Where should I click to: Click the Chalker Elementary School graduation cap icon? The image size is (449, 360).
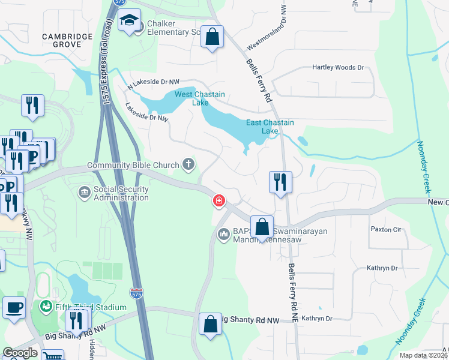click(129, 22)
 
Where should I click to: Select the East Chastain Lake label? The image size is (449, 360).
click(271, 127)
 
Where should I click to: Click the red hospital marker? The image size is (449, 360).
click(219, 200)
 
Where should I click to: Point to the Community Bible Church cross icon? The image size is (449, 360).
click(188, 164)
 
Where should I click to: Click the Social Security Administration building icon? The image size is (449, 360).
click(84, 192)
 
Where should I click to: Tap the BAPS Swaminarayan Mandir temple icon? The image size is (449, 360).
click(223, 233)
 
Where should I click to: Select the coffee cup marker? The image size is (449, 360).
click(14, 308)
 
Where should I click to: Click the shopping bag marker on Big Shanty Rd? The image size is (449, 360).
click(211, 325)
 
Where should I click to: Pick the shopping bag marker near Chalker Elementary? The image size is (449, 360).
click(212, 37)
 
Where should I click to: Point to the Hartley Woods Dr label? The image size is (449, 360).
click(338, 68)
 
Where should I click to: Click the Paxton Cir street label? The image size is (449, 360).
click(385, 229)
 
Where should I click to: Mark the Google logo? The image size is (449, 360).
click(20, 353)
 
